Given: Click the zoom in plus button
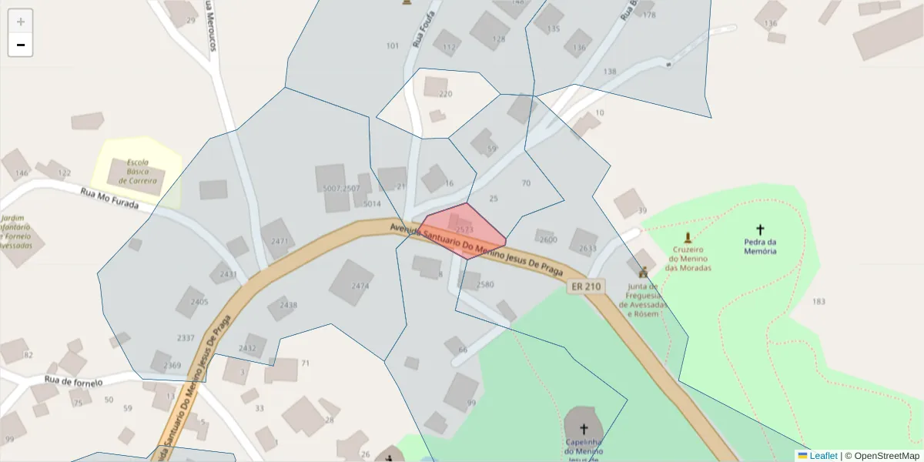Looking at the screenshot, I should point(21,22).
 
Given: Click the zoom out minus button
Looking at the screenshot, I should point(21,45).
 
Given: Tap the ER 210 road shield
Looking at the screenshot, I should point(584,286).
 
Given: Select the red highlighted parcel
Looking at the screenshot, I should point(462,231).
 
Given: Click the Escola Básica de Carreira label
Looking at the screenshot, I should point(138,172).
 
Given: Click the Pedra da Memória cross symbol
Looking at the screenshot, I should point(760,229).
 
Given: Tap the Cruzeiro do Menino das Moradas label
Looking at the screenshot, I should point(688,258).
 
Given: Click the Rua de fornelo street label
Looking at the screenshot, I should point(74,380).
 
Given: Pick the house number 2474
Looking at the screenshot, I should point(360,286).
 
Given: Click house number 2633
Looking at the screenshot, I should point(588,248).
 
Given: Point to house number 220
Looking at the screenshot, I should point(445,94).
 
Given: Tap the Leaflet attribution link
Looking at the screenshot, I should point(823,456).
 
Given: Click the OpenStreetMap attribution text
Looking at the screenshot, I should point(886,456).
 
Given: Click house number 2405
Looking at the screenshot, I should point(199,302).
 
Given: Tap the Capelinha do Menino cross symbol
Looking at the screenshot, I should point(583,429).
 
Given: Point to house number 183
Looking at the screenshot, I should point(819,301).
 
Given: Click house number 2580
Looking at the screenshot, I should point(485,284).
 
